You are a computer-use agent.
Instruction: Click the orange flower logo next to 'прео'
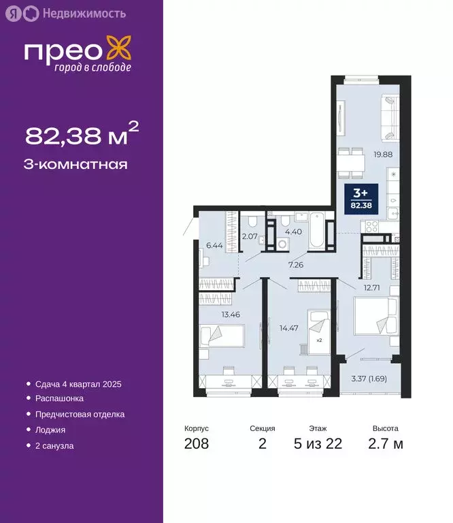click(x=119, y=52)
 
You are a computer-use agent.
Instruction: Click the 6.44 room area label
click(x=214, y=245)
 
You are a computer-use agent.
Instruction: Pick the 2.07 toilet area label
click(x=250, y=236)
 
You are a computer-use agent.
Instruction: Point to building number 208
click(x=197, y=444)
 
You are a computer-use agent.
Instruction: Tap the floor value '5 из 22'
click(x=317, y=444)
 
